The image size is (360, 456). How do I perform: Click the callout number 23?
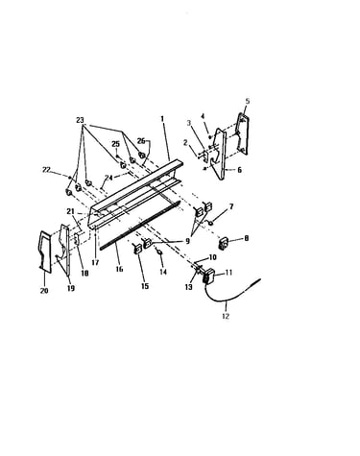[80, 120]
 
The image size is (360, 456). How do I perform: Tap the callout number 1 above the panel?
[162, 119]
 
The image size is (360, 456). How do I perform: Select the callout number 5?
[248, 101]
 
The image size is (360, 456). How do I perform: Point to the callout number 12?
[226, 316]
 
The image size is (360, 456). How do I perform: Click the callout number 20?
[44, 291]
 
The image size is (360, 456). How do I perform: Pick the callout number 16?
[119, 269]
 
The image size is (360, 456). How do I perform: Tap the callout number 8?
[246, 238]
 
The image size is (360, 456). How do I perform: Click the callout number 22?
[47, 170]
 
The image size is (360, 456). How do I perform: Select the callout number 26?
[141, 141]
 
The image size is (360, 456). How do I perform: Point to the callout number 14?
[163, 272]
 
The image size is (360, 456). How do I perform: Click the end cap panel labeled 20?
[44, 252]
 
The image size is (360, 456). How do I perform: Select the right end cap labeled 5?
[243, 133]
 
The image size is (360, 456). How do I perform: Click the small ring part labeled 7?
[211, 223]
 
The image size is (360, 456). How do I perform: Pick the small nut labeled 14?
[160, 252]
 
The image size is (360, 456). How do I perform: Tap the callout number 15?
[145, 286]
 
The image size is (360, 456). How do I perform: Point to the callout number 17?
[95, 263]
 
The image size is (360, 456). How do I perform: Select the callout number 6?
[239, 170]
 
